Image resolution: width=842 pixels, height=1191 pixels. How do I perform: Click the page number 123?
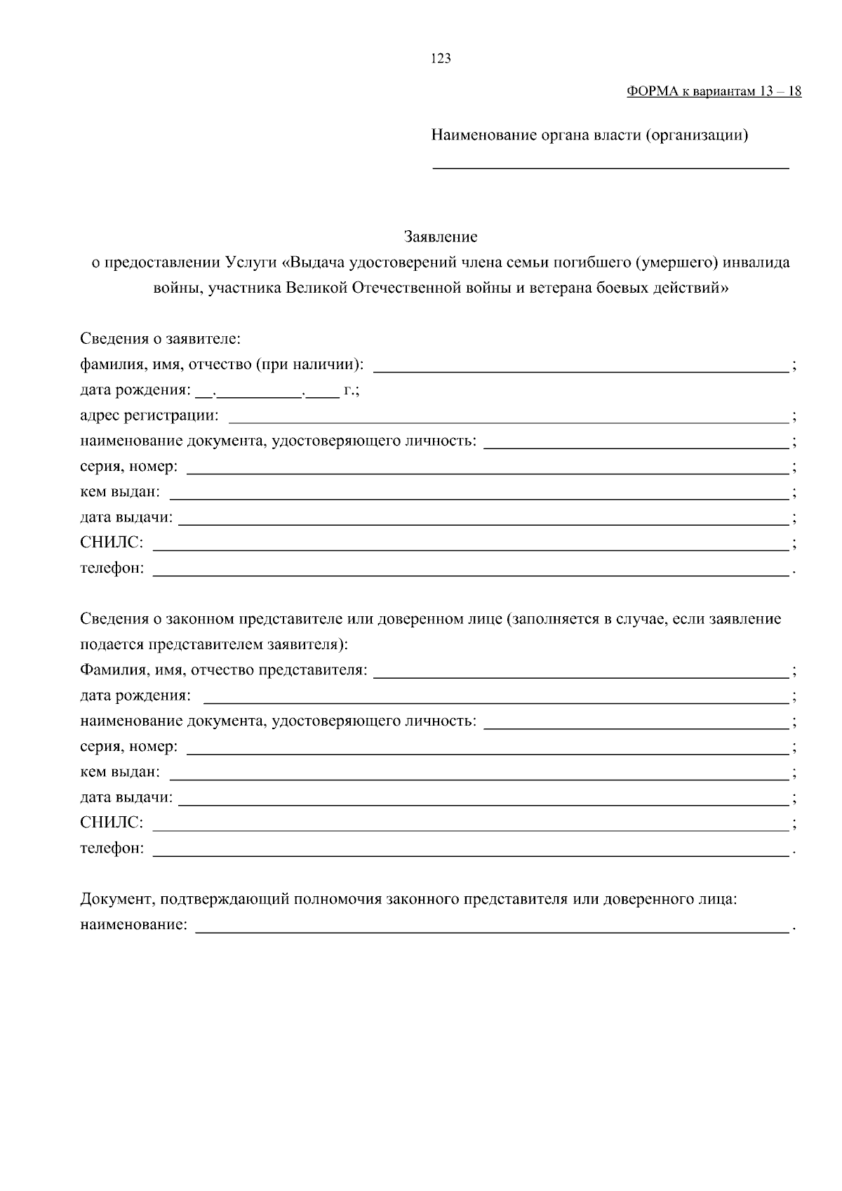[x=441, y=59]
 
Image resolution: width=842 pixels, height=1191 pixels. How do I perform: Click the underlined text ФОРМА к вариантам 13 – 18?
[x=714, y=92]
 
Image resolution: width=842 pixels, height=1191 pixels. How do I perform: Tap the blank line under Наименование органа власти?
[x=610, y=167]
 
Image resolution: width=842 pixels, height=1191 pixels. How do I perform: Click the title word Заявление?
[x=441, y=237]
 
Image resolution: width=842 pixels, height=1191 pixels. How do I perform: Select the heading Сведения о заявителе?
[x=160, y=339]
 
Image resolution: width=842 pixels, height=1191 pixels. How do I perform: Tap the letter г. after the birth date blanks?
[x=349, y=390]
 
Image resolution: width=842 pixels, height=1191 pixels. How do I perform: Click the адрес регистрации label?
[x=149, y=415]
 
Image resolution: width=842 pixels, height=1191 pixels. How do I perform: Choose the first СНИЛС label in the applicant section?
[x=112, y=543]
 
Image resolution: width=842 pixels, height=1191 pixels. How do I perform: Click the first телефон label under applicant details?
[x=112, y=568]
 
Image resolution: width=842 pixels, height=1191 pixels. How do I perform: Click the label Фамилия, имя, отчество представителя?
[x=223, y=670]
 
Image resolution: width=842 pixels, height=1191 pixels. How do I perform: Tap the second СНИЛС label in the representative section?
[x=112, y=823]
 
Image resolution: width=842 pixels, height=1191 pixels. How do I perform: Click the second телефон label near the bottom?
[x=112, y=849]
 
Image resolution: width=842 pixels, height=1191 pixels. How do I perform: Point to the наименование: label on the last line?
[x=134, y=925]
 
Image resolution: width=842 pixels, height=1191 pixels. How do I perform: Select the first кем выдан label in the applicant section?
[x=120, y=492]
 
